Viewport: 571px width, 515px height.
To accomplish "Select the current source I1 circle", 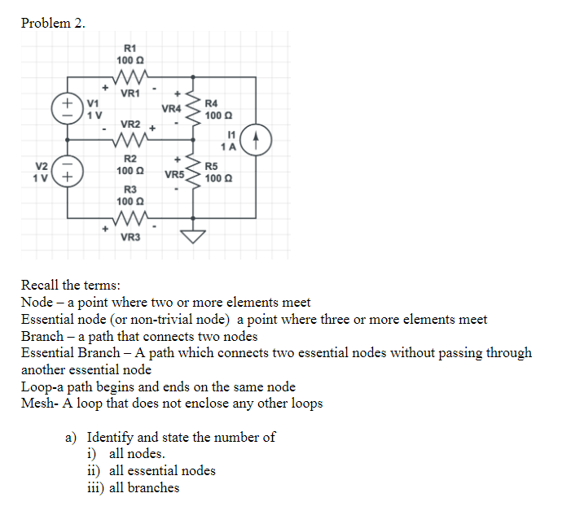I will (257, 140).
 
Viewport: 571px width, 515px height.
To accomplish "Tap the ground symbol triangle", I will (193, 236).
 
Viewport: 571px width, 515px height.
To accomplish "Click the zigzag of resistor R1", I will (130, 78).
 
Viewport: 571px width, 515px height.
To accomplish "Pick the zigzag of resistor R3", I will (130, 219).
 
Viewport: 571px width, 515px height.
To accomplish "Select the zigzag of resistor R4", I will (193, 108).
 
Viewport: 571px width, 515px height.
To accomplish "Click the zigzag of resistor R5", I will (193, 171).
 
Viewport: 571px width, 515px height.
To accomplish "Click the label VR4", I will (171, 109).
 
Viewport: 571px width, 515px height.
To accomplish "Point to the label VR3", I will (130, 237).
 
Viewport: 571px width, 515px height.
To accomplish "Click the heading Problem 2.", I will (53, 23).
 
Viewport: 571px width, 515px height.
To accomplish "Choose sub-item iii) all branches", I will (134, 487).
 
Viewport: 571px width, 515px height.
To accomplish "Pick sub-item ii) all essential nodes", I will (152, 470).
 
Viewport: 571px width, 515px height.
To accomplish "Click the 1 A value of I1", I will (233, 147).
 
